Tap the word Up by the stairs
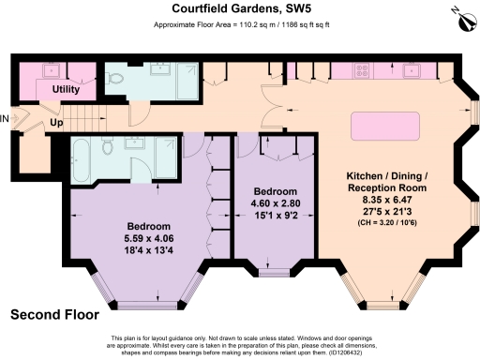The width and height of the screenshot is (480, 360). (55, 122)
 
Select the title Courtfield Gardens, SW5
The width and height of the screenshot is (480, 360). (239, 9)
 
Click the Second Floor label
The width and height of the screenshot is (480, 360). (55, 314)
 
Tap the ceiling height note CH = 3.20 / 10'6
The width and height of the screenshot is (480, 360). (387, 222)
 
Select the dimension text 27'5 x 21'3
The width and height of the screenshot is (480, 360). (387, 211)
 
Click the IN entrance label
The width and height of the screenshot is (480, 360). (5, 118)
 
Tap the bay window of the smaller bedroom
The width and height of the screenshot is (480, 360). (275, 273)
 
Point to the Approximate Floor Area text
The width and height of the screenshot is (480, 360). (239, 26)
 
